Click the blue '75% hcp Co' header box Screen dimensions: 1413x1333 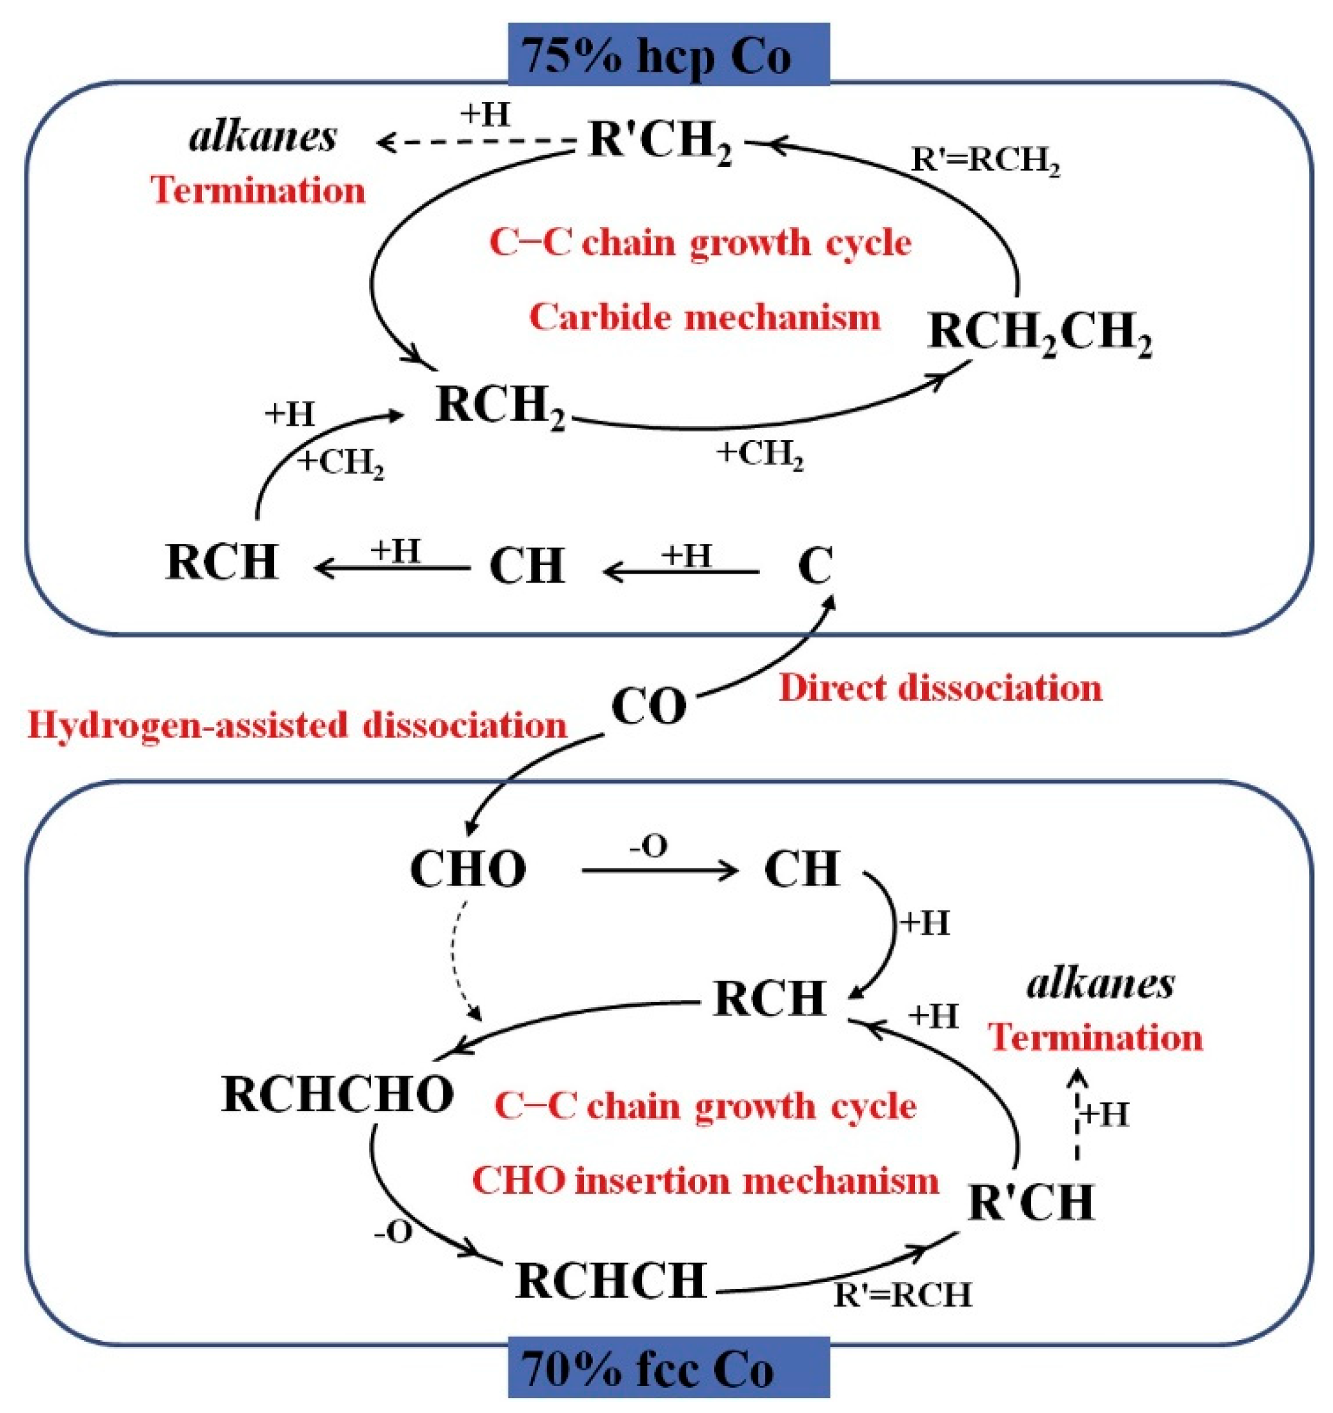(668, 55)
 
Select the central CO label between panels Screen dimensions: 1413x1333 (648, 707)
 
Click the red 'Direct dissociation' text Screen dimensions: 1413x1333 (940, 688)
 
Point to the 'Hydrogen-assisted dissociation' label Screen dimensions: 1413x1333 (297, 725)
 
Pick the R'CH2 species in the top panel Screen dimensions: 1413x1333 (660, 140)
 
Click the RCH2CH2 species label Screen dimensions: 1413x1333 (1039, 332)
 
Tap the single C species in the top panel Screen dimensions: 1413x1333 (815, 566)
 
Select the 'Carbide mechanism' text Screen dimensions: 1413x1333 (704, 317)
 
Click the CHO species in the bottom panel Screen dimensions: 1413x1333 (468, 869)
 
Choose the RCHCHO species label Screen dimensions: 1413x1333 (337, 1094)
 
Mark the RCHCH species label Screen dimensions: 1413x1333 (610, 1280)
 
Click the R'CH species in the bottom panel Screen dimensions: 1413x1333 (1031, 1203)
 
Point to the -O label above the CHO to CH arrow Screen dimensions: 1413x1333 (648, 847)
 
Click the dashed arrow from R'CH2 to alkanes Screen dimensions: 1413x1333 (476, 143)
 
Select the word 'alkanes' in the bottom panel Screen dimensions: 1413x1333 (1101, 985)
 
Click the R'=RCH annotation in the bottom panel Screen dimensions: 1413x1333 (901, 1294)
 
